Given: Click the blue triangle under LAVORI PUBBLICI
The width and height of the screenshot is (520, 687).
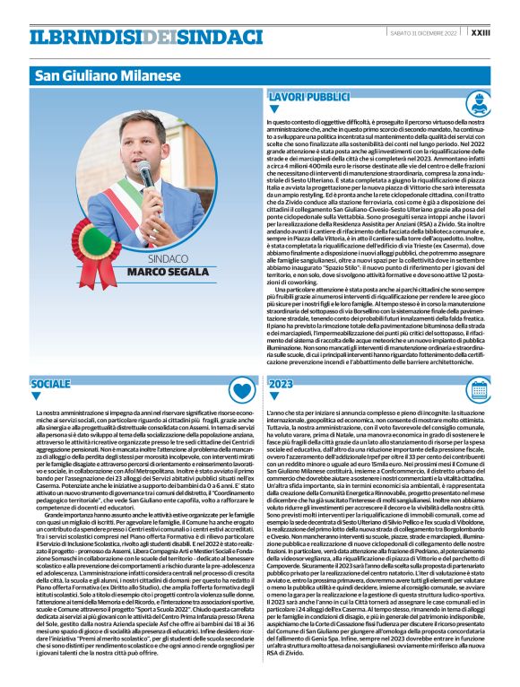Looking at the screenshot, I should click(x=274, y=109).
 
